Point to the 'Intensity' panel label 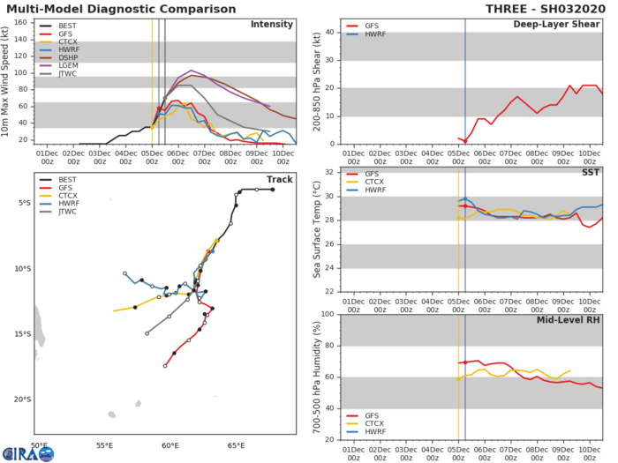pos(273,24)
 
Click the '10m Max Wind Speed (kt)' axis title pos(7,80)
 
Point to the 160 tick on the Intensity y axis pos(27,22)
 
